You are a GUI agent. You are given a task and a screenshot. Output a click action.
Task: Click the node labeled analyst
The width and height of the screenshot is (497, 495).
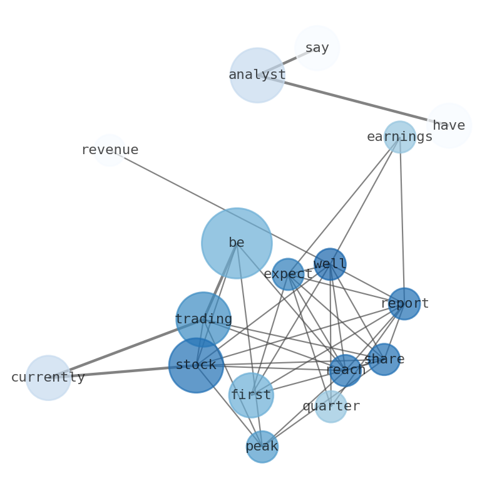pyautogui.click(x=257, y=75)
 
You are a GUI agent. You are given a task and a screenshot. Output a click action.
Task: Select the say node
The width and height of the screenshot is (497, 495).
pyautogui.click(x=317, y=48)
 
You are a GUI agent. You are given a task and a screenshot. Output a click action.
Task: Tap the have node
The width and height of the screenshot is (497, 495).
pyautogui.click(x=448, y=126)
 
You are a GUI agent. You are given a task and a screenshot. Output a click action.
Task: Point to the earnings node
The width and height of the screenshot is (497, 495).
pyautogui.click(x=399, y=137)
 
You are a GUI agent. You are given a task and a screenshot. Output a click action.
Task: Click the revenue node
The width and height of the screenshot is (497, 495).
pyautogui.click(x=110, y=150)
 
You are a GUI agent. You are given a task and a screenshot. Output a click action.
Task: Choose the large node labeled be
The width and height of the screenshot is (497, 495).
pyautogui.click(x=237, y=243)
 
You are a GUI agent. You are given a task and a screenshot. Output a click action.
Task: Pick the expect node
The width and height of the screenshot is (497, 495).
pyautogui.click(x=288, y=274)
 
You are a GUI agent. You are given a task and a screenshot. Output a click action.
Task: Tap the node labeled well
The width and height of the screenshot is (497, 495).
pyautogui.click(x=330, y=264)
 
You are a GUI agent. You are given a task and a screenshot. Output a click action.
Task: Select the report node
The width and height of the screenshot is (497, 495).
pyautogui.click(x=404, y=304)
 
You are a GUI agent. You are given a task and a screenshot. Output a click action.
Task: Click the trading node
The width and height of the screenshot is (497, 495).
pyautogui.click(x=203, y=320)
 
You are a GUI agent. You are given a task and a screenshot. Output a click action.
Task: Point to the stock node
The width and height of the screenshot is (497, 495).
pyautogui.click(x=196, y=365)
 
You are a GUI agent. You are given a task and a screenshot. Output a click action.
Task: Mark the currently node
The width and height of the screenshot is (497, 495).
pyautogui.click(x=48, y=378)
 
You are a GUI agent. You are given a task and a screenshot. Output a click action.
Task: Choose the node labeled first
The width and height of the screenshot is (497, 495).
pyautogui.click(x=251, y=395)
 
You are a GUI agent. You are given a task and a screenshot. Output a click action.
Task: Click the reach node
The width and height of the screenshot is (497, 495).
pyautogui.click(x=345, y=370)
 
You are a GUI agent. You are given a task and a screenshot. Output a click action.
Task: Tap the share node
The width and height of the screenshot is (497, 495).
pyautogui.click(x=384, y=360)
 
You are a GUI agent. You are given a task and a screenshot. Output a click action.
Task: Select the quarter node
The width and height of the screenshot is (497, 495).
pyautogui.click(x=331, y=407)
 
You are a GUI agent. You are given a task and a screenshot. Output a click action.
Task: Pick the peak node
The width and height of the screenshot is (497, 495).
pyautogui.click(x=262, y=447)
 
